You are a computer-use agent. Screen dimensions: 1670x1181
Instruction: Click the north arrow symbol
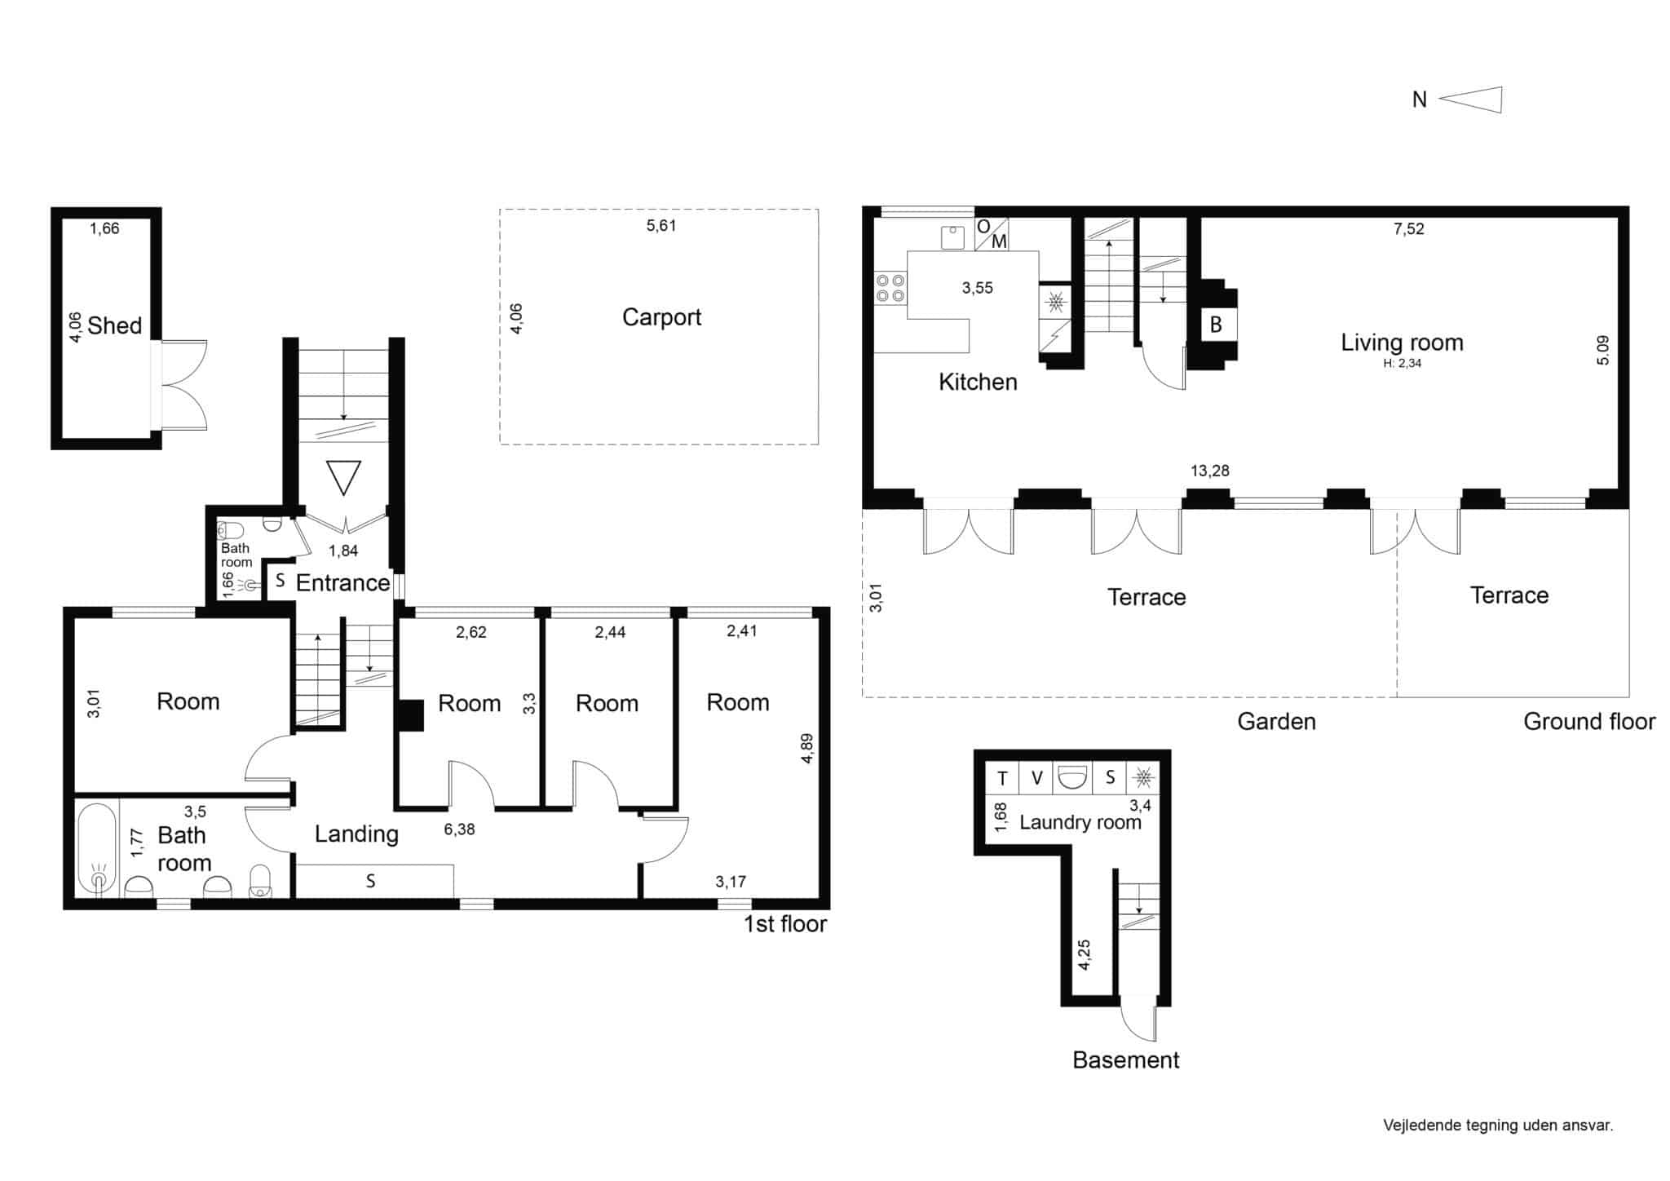coord(1471,100)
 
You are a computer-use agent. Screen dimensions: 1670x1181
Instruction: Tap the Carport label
coord(661,317)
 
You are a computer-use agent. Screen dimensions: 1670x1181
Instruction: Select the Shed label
coord(115,325)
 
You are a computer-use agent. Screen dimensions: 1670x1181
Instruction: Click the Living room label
coord(1402,343)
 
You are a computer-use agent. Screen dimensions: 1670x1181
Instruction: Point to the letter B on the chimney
coord(1216,325)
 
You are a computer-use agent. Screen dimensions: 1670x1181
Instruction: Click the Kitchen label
coord(978,382)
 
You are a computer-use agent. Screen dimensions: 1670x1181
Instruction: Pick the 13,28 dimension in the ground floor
coord(1210,471)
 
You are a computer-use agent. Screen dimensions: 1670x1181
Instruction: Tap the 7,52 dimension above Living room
coord(1409,229)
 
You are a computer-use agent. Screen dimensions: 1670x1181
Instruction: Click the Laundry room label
coord(1080,822)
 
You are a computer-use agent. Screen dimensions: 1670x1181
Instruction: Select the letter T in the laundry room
coord(1002,778)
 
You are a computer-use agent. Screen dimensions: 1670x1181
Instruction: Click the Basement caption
coord(1126,1059)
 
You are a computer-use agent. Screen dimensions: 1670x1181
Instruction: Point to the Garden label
coord(1276,721)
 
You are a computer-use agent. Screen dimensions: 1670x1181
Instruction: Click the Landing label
coord(356,834)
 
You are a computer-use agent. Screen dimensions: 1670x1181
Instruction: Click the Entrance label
coord(342,582)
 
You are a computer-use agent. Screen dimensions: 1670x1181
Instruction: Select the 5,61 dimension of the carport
coord(661,226)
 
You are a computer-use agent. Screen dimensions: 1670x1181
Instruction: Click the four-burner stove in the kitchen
coord(890,287)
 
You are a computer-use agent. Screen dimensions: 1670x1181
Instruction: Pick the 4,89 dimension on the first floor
coord(807,749)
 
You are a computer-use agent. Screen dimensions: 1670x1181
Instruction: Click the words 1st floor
coord(785,924)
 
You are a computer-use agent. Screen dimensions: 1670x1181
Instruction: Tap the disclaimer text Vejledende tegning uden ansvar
coord(1498,1126)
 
